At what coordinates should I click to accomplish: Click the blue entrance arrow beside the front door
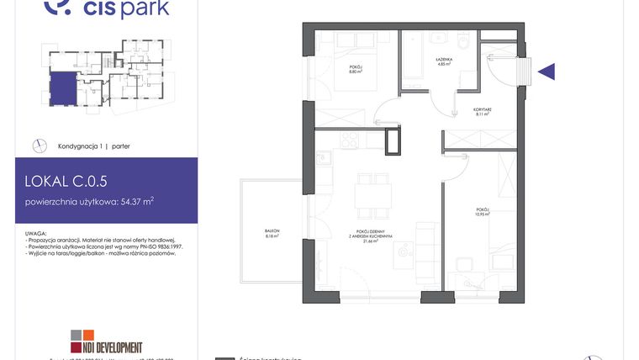547,71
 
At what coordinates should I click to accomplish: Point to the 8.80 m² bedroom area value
356,71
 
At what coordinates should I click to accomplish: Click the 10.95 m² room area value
481,214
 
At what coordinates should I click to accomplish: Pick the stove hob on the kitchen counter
349,140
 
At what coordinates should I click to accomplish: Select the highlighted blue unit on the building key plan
61,89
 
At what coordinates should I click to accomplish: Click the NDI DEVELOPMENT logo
107,347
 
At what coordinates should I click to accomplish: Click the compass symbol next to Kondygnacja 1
38,146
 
